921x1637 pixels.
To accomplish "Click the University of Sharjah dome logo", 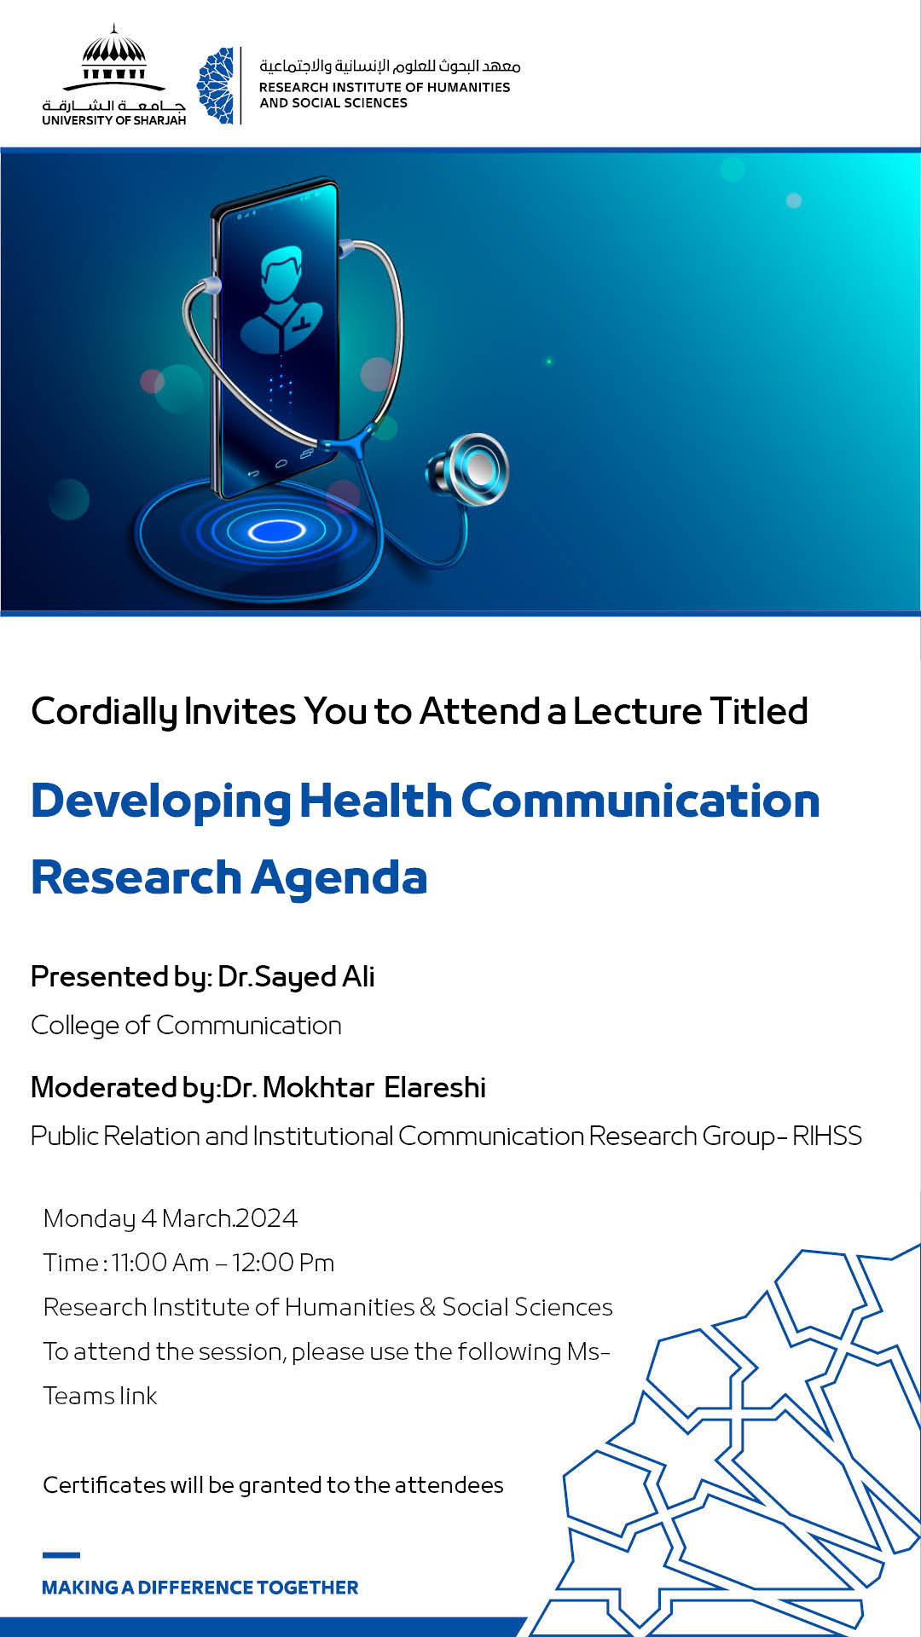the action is click(x=114, y=75).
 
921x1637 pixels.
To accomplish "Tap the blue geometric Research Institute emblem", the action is click(x=216, y=85).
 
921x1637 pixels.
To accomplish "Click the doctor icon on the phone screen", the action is click(x=281, y=298).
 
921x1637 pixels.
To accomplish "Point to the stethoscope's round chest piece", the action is click(x=468, y=470).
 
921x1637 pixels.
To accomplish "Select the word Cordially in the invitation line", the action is click(x=104, y=712).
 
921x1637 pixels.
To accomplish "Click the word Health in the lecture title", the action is click(x=375, y=801).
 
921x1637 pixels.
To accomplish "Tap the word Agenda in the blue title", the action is click(x=339, y=878).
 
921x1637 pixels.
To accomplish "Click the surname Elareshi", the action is click(x=435, y=1088).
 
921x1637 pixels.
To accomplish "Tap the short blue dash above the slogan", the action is click(x=61, y=1555).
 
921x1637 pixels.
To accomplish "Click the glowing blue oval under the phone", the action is click(x=276, y=532).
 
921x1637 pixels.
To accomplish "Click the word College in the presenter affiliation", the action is click(x=76, y=1026).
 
